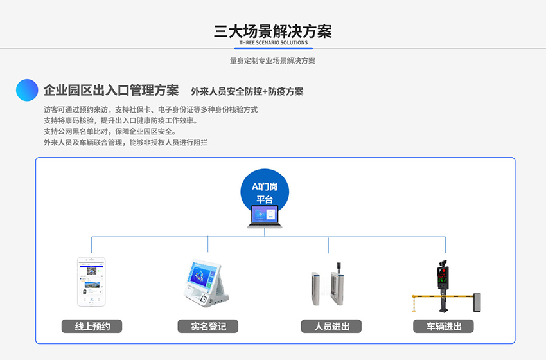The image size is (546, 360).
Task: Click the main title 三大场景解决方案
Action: click(x=272, y=32)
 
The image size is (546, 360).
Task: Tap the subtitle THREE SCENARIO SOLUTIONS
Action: click(x=273, y=43)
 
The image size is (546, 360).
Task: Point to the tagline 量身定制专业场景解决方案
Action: click(x=272, y=61)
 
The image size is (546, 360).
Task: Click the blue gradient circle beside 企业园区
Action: click(x=27, y=90)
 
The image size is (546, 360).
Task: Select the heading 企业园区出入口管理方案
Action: click(x=111, y=90)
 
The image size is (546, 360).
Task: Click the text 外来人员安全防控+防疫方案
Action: click(x=247, y=91)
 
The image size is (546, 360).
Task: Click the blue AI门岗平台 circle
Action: click(x=265, y=192)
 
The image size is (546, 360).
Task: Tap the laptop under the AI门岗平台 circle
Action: click(x=265, y=217)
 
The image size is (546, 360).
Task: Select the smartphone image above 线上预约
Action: click(x=91, y=282)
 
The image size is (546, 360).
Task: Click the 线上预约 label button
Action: click(x=92, y=327)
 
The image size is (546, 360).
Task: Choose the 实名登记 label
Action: click(x=208, y=327)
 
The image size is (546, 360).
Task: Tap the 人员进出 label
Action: click(x=331, y=327)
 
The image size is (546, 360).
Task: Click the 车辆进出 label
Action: click(x=443, y=327)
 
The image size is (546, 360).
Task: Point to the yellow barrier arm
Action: click(x=427, y=296)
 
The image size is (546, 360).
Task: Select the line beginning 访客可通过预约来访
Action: click(x=150, y=109)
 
